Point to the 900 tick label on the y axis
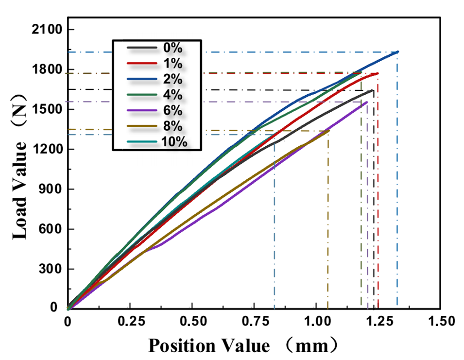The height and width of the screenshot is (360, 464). (51, 189)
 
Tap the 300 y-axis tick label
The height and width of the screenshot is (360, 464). (51, 269)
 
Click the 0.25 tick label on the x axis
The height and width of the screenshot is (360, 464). (130, 322)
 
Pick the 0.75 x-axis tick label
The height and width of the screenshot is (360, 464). (254, 322)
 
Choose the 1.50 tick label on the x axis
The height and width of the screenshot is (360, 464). (440, 322)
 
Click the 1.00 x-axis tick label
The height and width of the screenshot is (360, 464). (316, 322)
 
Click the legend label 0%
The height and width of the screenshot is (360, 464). (172, 48)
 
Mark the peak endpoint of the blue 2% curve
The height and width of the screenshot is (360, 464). (398, 51)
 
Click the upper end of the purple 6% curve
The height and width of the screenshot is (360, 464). (367, 102)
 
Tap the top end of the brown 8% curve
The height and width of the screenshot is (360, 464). (328, 130)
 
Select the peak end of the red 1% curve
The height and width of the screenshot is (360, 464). (378, 73)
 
